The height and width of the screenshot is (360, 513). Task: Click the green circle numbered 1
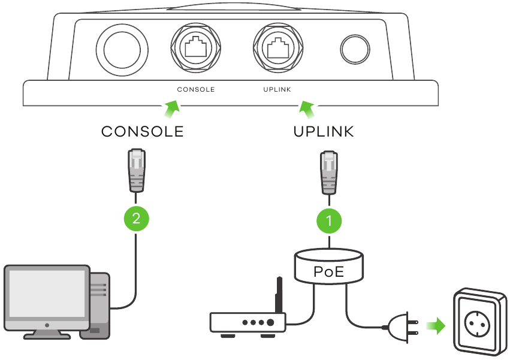[x=328, y=220]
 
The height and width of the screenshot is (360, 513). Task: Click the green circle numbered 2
[x=137, y=217]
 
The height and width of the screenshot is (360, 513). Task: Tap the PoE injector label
[x=329, y=271]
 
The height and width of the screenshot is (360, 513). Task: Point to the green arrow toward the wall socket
[x=436, y=326]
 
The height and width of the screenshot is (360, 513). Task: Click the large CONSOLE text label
[x=142, y=132]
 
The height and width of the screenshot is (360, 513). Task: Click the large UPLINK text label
[x=324, y=132]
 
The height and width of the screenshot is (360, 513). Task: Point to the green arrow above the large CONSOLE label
[x=171, y=108]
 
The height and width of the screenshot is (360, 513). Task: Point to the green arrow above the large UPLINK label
[x=307, y=109]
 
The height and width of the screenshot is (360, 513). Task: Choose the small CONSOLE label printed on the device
[x=195, y=89]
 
